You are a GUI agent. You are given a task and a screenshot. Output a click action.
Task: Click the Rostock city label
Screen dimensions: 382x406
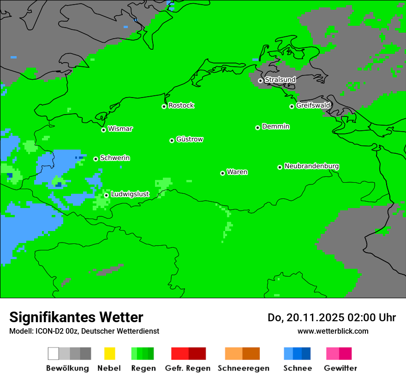(x=181, y=105)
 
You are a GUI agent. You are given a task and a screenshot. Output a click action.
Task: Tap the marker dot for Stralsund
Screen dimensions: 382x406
(x=260, y=81)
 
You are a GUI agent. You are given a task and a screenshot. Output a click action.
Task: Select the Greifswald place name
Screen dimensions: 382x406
(x=313, y=105)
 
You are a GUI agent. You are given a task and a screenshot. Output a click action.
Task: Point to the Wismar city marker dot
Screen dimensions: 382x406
(x=103, y=130)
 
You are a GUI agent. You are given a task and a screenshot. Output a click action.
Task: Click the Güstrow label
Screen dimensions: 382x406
(x=190, y=139)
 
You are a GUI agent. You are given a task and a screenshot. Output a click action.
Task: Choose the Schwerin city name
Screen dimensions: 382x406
(x=115, y=158)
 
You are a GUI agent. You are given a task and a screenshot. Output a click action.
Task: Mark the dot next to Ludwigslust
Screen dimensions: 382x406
(x=106, y=195)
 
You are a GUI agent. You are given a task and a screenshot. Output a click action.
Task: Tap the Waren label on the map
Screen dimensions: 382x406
(x=237, y=172)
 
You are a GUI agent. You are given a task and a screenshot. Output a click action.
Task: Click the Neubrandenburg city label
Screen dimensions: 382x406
(x=312, y=166)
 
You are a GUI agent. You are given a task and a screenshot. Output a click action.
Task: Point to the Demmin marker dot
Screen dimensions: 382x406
(x=257, y=127)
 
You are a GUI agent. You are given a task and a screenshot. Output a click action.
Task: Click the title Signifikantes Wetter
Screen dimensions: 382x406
(x=76, y=317)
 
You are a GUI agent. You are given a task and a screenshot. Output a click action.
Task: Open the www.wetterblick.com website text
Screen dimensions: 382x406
(x=333, y=331)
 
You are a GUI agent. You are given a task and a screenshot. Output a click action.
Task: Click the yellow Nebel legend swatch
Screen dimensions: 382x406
(x=109, y=353)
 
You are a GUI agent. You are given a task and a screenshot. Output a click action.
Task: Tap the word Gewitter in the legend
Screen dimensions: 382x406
(x=340, y=368)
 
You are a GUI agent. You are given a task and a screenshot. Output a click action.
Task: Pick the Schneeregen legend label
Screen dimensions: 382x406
(x=243, y=368)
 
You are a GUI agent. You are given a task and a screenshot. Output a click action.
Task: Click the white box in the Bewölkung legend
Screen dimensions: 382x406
(x=54, y=353)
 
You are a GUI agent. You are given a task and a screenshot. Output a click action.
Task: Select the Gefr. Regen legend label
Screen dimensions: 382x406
(x=188, y=368)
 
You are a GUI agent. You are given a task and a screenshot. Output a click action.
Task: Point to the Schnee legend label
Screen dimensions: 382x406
(x=298, y=368)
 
